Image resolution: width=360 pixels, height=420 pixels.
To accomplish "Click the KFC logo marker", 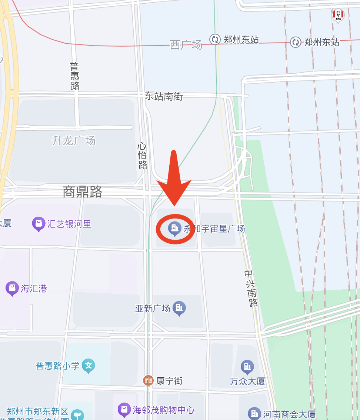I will coord(338,15).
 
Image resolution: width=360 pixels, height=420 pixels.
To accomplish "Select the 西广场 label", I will coord(186,45).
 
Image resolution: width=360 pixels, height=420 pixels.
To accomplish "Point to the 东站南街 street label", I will coord(164,96).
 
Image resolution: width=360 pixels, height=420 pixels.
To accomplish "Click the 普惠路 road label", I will coord(74,76).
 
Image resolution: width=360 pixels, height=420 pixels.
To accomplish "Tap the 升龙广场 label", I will coord(73,141).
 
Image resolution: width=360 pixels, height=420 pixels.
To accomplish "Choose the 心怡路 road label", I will coord(143,156).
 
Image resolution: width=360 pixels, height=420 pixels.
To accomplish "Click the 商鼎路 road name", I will coord(82,192).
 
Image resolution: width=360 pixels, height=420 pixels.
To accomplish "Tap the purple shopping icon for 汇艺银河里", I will coord(39,224).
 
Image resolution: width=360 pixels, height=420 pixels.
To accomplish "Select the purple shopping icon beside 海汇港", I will coord(12,288).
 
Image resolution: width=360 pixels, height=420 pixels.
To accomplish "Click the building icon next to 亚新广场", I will coord(180,308).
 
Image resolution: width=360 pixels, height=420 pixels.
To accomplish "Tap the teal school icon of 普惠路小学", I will coord(89,366).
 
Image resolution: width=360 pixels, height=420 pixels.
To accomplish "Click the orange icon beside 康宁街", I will coord(148,380).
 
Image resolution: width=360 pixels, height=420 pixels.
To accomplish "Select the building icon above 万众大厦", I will coord(247,367).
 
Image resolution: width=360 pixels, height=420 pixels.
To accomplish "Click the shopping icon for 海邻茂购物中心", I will coord(124,410).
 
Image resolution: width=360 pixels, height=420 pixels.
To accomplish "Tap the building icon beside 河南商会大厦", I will coord(254,414).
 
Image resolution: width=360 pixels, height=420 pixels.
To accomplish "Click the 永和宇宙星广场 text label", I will coord(214,229).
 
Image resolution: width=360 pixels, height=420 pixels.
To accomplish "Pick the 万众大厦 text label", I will coord(247,381).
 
